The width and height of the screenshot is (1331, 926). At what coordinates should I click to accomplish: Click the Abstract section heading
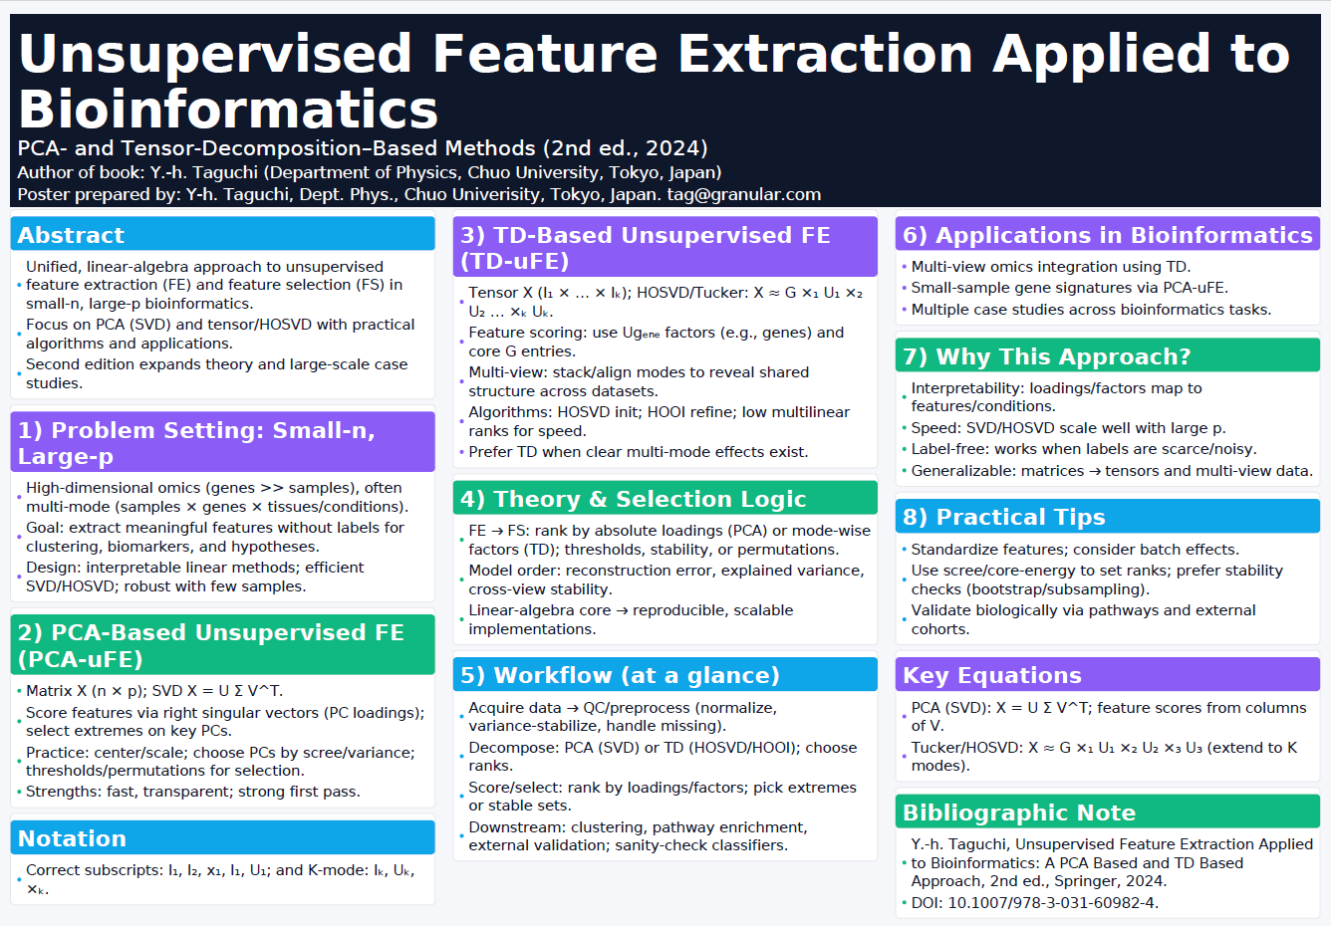[x=71, y=235]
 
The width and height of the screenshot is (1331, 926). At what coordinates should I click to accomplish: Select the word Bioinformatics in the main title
[x=228, y=110]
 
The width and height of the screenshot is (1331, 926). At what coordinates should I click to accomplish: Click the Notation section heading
[x=72, y=838]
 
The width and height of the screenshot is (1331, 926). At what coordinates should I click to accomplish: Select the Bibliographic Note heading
[x=1019, y=812]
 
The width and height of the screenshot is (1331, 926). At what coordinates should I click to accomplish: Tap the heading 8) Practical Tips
[x=1003, y=517]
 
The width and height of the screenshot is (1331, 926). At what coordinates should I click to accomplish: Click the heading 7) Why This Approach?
[x=1046, y=356]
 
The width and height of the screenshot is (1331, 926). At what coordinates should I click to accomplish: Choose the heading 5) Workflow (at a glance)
[x=620, y=675]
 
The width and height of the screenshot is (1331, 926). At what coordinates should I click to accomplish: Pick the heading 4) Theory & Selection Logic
[x=633, y=499]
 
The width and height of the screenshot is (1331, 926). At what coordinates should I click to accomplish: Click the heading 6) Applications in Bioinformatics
[x=1107, y=235]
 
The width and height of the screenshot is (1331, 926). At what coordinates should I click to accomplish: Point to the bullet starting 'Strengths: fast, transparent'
[x=193, y=792]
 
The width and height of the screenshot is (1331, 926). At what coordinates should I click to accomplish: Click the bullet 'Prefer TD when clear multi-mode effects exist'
[x=639, y=452]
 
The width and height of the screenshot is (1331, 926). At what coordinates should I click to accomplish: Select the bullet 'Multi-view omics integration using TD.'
[x=1050, y=267]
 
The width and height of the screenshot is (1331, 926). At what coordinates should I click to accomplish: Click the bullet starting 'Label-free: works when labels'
[x=1084, y=449]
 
